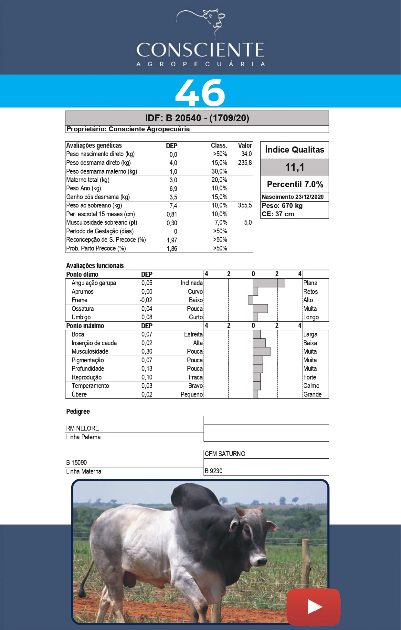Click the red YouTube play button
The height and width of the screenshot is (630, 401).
click(x=313, y=607)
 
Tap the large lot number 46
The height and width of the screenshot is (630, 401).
click(x=200, y=93)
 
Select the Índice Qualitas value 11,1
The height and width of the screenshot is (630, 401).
click(x=294, y=167)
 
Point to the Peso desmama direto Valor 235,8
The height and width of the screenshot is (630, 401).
click(x=245, y=163)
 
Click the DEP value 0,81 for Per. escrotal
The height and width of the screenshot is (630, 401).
click(x=172, y=214)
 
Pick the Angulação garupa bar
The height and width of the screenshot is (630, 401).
click(x=269, y=283)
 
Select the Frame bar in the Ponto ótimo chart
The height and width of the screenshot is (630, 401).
click(x=250, y=300)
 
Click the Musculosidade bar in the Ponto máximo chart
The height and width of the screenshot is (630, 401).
click(x=261, y=351)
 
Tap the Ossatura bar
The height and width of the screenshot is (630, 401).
click(x=260, y=309)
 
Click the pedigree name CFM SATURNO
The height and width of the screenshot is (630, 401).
click(x=225, y=454)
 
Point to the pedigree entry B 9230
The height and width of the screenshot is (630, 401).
click(x=214, y=471)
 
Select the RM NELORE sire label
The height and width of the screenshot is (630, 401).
click(x=82, y=428)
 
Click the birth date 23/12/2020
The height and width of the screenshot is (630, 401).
click(x=309, y=197)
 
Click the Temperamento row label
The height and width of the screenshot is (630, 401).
click(x=90, y=386)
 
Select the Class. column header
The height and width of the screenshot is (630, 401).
click(x=219, y=145)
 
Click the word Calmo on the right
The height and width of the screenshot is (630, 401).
click(x=311, y=386)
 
